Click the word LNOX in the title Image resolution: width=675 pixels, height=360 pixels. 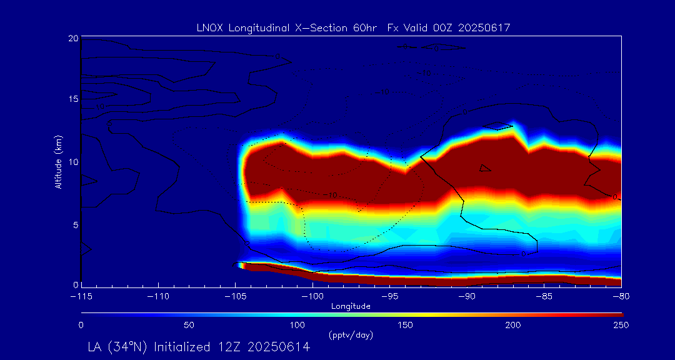[x=209, y=27]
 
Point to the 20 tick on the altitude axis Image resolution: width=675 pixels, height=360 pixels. [x=73, y=39]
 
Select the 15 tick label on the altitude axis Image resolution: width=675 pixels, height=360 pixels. [x=73, y=100]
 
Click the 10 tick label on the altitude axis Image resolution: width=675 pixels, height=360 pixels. [x=73, y=162]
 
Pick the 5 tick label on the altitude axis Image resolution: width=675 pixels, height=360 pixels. [x=76, y=224]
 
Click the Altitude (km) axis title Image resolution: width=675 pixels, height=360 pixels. [x=58, y=162]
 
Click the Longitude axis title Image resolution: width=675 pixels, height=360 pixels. [x=351, y=306]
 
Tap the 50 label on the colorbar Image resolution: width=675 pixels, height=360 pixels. [x=189, y=325]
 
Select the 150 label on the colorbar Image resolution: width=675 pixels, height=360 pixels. [x=405, y=325]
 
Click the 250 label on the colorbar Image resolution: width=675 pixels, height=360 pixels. [x=621, y=325]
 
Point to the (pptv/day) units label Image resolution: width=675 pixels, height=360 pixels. [x=351, y=336]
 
